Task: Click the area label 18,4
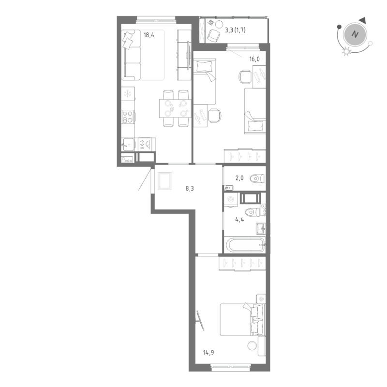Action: pos(149,34)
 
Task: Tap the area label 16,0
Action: pos(254,60)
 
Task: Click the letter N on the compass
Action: pos(356,35)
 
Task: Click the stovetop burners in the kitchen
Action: pos(128,118)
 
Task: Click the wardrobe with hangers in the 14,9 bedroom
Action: pos(242,263)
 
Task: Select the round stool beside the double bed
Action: pos(252,345)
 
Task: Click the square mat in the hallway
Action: pos(164,180)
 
